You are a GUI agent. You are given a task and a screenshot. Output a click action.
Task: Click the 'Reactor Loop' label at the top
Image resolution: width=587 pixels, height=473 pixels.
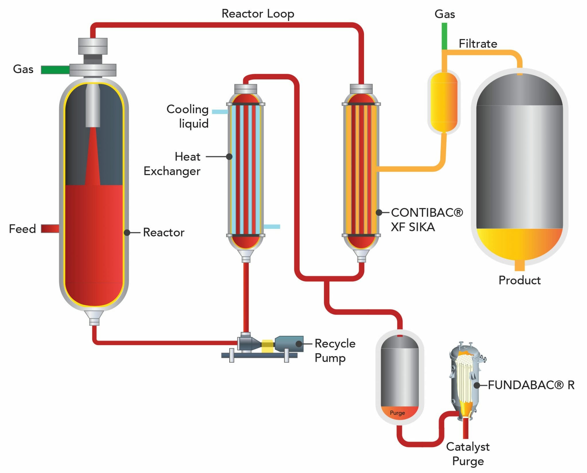point(258,14)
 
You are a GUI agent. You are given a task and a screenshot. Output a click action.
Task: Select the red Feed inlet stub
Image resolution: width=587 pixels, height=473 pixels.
point(50,228)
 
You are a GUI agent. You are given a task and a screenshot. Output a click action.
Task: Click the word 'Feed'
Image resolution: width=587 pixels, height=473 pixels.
point(22,229)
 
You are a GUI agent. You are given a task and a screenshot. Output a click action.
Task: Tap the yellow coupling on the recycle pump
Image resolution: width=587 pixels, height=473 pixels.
point(267,346)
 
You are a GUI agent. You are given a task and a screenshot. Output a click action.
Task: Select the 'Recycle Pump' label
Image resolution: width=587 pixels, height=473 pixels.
point(335,351)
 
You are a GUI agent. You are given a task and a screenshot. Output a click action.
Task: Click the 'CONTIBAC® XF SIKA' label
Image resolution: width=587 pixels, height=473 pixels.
point(426,220)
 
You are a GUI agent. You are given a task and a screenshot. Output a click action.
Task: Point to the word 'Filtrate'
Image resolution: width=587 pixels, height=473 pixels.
point(478,44)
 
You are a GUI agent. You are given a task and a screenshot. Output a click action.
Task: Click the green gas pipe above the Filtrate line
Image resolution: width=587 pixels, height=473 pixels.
point(444,36)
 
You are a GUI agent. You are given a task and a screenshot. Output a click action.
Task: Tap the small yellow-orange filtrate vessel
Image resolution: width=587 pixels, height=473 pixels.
point(444,102)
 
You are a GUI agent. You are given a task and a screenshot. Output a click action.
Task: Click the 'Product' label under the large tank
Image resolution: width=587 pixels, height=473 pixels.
point(519,280)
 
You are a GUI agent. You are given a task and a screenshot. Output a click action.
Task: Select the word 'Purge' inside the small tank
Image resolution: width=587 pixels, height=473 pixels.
point(397,413)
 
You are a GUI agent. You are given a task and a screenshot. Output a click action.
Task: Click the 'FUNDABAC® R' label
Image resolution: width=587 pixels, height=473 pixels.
point(531,385)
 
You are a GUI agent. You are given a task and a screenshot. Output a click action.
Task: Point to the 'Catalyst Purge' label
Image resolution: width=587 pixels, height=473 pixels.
point(468,454)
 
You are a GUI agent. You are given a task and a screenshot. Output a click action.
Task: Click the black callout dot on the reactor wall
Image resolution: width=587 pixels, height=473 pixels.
point(127,232)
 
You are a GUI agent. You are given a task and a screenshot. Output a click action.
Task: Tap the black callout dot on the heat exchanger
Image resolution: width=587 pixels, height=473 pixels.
point(229,157)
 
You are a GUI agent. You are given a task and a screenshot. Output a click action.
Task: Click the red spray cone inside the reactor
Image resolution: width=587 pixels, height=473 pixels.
point(93,161)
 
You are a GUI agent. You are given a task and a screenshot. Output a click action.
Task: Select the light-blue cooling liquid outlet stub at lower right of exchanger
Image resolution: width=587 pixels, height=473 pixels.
point(272,226)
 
